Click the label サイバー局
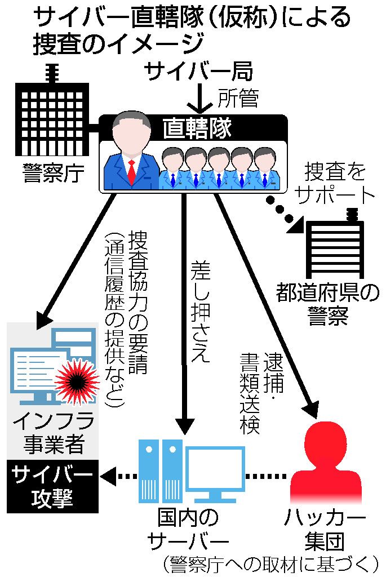[x=198, y=72]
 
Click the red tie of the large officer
[x=131, y=172]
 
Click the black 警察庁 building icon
[x=51, y=116]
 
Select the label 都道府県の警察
[x=327, y=304]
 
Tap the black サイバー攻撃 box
[x=52, y=486]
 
